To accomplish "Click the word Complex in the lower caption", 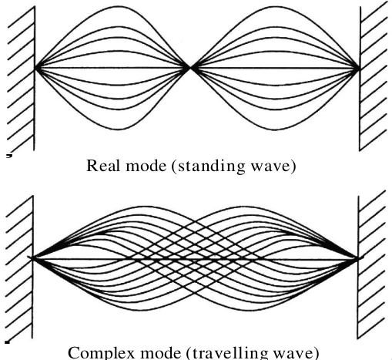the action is (x=101, y=353).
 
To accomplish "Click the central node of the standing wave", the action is (x=190, y=68).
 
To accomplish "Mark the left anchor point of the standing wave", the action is (x=35, y=68).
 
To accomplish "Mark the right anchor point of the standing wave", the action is (x=360, y=69).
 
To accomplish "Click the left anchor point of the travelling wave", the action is (x=33, y=257).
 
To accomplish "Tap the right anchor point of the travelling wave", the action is (x=357, y=257).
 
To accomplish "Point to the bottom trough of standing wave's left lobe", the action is (x=119, y=130).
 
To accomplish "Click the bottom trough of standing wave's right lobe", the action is (x=274, y=130).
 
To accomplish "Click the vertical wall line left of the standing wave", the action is (x=35, y=79).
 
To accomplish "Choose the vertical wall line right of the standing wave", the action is (x=360, y=79).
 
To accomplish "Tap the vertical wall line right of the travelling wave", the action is (x=357, y=267).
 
